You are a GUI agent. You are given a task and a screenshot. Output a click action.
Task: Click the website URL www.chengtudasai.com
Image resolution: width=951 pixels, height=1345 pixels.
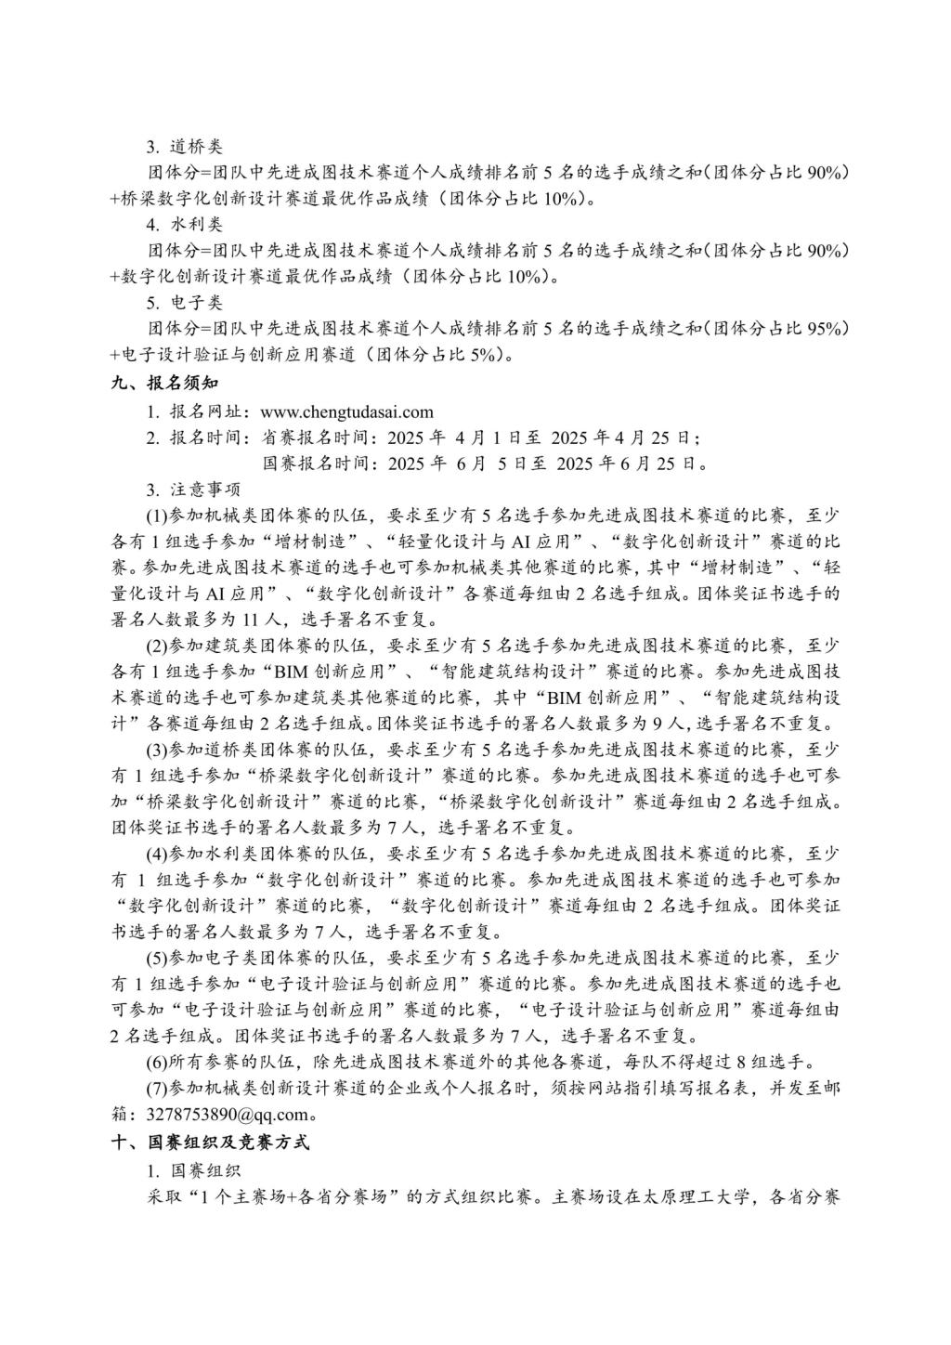[347, 412]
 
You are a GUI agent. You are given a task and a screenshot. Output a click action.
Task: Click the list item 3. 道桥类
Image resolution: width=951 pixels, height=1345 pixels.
[184, 147]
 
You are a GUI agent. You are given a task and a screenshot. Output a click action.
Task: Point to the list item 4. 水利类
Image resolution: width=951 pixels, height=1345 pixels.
[184, 225]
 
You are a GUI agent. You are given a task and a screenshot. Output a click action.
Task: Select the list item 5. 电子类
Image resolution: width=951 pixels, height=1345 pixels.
[184, 303]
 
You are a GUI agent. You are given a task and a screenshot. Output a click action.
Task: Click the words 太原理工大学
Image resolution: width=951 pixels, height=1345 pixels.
[692, 1196]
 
